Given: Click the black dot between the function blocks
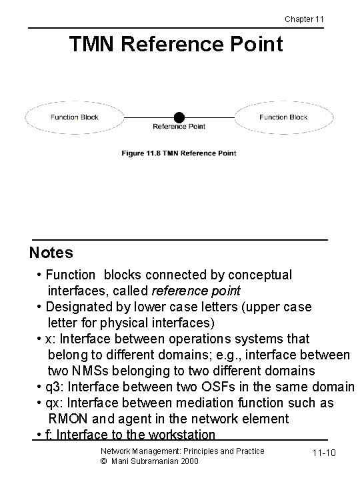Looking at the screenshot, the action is [x=179, y=117].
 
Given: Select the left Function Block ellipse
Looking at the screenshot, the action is [x=74, y=117].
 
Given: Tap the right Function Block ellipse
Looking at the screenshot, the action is [x=283, y=117].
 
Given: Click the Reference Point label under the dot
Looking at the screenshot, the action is [x=179, y=127].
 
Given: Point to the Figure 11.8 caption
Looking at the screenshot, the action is [x=178, y=153].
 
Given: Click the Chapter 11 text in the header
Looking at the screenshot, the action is [x=304, y=19].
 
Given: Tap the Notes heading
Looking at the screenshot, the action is [x=51, y=253].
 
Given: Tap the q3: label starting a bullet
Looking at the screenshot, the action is [x=55, y=387].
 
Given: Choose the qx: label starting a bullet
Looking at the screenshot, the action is [x=55, y=403].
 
